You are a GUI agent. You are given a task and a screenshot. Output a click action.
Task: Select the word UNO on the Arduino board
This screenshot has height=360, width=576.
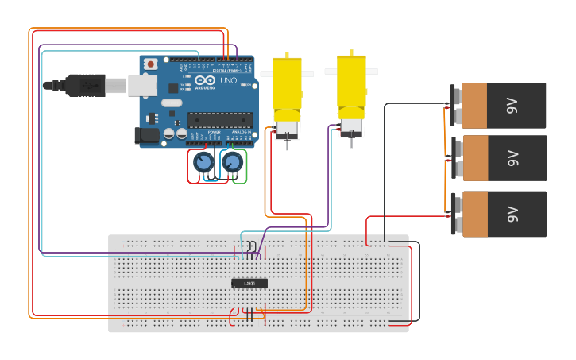(x=229, y=81)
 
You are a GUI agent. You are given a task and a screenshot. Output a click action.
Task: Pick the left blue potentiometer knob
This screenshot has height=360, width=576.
(x=203, y=163)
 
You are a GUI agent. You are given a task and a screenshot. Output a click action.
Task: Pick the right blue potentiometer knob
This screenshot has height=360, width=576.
(x=232, y=163)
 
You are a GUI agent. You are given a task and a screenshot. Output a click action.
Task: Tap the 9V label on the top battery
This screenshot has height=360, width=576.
(x=512, y=106)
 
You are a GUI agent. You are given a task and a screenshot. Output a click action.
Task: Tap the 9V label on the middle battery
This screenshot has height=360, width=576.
(x=512, y=158)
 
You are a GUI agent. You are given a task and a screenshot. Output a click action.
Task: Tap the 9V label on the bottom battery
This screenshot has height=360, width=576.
(x=512, y=213)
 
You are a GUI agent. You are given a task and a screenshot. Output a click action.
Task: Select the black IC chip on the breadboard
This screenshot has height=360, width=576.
(x=249, y=284)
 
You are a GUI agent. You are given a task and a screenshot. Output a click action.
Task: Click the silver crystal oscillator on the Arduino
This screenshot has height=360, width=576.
(x=172, y=103)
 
